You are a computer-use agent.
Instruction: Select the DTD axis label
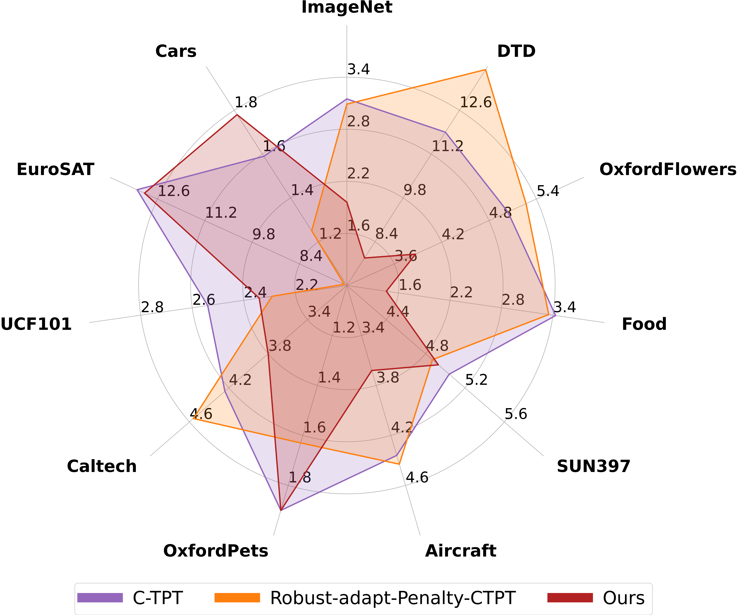tap(516, 51)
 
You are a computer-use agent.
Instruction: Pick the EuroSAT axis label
tap(55, 170)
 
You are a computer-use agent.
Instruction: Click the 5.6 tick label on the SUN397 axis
tap(516, 414)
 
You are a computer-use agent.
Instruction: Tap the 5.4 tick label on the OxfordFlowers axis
tap(548, 191)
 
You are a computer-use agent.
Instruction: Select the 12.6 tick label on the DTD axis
tap(476, 103)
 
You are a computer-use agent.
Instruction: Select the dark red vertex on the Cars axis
tap(237, 115)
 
